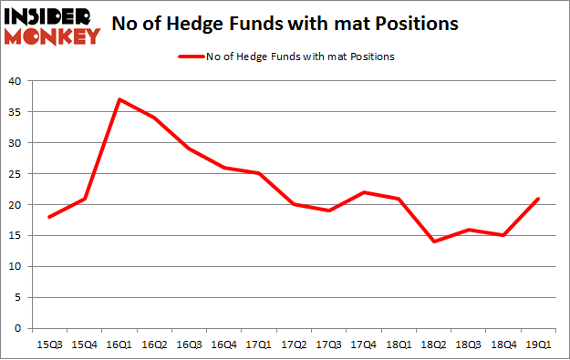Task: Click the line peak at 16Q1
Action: tap(119, 99)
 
